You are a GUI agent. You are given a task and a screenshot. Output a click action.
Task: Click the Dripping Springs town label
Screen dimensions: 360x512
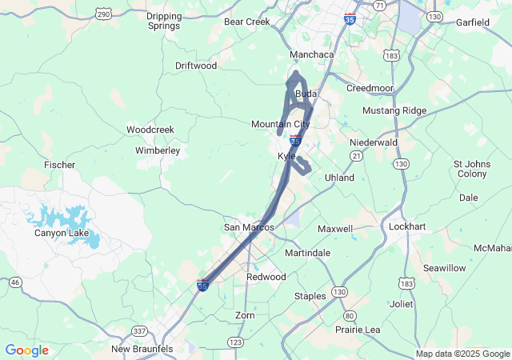click(x=164, y=21)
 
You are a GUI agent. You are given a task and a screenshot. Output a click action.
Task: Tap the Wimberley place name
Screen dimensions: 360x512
click(x=158, y=150)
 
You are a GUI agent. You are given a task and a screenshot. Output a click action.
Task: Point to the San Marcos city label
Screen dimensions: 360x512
click(x=249, y=227)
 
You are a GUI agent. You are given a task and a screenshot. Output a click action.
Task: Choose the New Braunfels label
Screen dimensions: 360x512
click(x=141, y=349)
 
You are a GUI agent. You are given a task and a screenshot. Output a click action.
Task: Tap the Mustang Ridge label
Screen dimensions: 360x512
click(x=394, y=110)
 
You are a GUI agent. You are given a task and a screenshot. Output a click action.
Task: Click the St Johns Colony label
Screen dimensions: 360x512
click(x=471, y=169)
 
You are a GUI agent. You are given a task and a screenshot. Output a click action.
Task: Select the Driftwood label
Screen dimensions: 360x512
click(x=196, y=66)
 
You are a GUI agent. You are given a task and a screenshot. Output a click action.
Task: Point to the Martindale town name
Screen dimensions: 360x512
click(x=307, y=253)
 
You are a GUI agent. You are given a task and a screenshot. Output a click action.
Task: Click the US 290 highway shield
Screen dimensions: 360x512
click(x=103, y=14)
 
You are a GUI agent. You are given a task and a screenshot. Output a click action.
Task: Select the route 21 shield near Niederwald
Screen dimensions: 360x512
click(x=357, y=158)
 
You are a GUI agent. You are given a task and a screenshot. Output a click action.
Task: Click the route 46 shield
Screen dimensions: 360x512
click(x=15, y=282)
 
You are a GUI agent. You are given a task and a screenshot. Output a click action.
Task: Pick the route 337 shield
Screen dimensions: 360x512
click(x=139, y=331)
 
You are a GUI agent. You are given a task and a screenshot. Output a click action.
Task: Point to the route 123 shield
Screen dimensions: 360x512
click(x=236, y=342)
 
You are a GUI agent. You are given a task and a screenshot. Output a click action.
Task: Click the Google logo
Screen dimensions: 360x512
click(x=26, y=350)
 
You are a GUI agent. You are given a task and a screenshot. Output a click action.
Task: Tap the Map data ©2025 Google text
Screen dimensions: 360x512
click(x=462, y=354)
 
